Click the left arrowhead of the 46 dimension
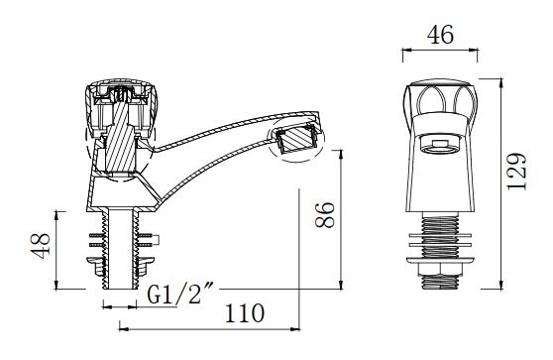click(x=404, y=51)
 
